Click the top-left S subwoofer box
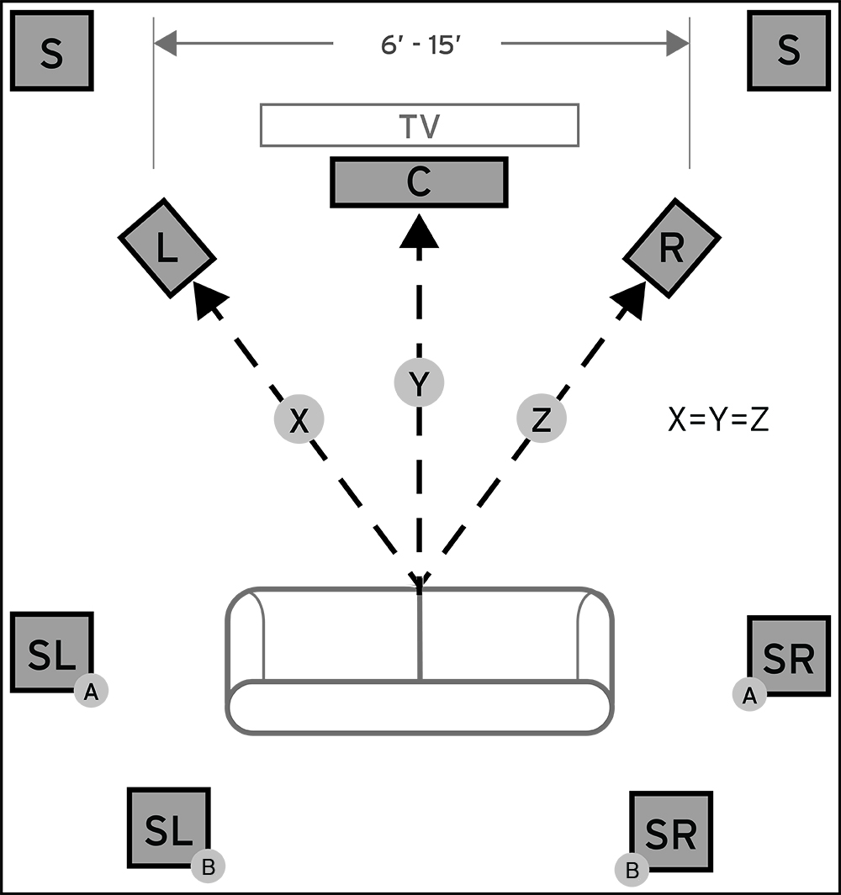click(52, 50)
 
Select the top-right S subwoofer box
click(789, 50)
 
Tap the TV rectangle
click(420, 125)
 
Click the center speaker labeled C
click(420, 182)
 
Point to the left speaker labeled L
click(167, 248)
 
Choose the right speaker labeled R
click(672, 248)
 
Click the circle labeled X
click(299, 419)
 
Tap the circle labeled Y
click(420, 382)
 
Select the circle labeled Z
click(542, 419)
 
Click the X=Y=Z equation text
click(718, 419)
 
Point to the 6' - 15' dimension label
click(421, 45)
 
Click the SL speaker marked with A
click(52, 652)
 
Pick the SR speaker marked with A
click(789, 655)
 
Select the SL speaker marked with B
click(169, 829)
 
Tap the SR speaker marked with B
click(671, 832)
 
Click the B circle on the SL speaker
click(208, 866)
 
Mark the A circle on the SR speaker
click(749, 695)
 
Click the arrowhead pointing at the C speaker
click(420, 231)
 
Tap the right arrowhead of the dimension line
click(678, 44)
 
